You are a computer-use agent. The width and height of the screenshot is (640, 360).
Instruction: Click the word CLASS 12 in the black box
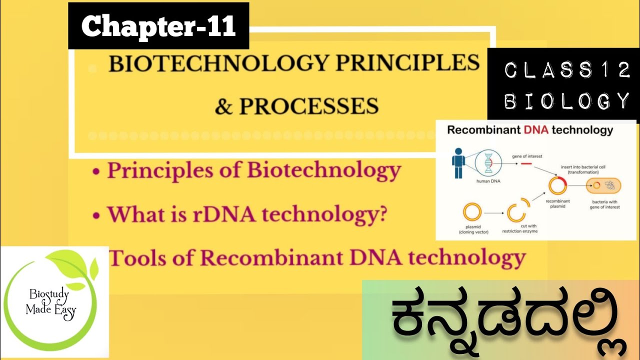click(x=567, y=71)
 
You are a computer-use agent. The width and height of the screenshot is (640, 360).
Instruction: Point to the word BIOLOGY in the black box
click(x=567, y=101)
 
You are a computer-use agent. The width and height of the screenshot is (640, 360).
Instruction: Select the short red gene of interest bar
click(x=526, y=163)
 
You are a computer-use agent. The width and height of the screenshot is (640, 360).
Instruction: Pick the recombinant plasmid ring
click(x=557, y=185)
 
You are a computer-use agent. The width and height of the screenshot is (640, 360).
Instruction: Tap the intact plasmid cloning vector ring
click(x=471, y=212)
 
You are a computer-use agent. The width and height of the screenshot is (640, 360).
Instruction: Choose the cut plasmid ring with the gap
click(x=517, y=212)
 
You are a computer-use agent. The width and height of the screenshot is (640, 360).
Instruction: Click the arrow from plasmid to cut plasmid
click(x=493, y=213)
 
